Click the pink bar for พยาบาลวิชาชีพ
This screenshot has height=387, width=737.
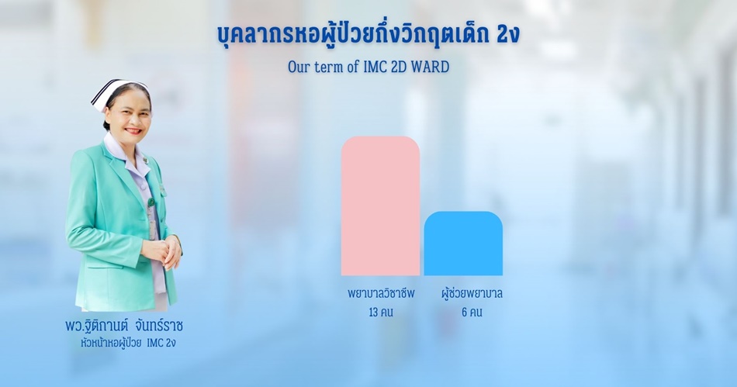tap(380, 206)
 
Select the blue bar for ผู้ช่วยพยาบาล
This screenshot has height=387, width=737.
tap(463, 244)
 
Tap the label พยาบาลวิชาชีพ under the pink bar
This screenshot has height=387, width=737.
tap(381, 293)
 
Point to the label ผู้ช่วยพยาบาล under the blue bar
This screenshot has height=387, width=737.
tap(472, 293)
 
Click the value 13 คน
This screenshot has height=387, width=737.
tap(381, 313)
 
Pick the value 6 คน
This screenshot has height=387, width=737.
tap(472, 313)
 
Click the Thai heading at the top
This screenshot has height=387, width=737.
tap(368, 34)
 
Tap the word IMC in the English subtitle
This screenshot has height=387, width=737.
tap(375, 67)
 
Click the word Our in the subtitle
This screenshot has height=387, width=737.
tap(299, 67)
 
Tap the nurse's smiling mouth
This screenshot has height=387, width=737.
tap(133, 131)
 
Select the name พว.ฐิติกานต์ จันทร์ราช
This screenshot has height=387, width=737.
tap(124, 325)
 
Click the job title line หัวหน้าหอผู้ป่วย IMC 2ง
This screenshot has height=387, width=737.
tap(128, 343)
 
